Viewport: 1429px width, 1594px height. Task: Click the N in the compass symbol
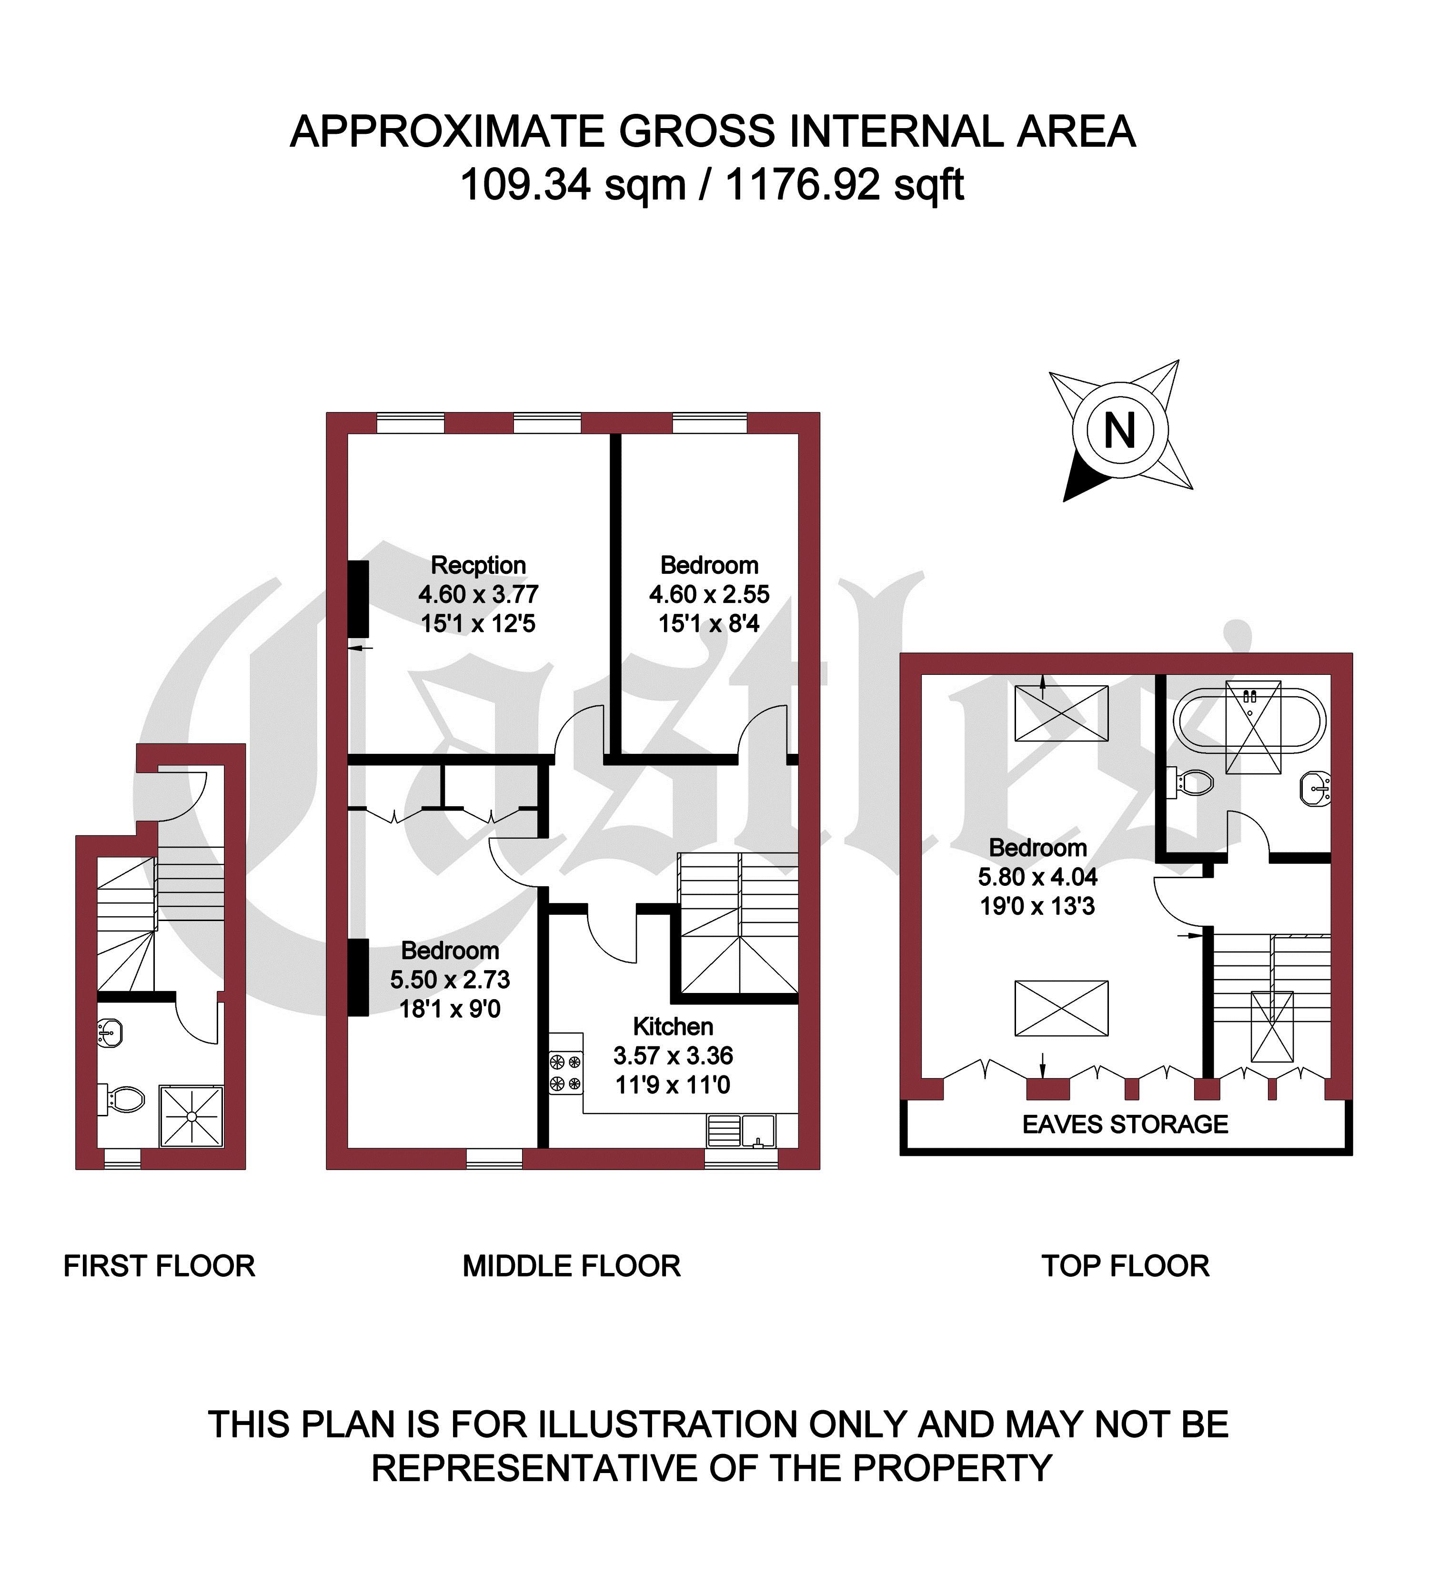(1120, 431)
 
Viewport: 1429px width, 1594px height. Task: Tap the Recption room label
(478, 565)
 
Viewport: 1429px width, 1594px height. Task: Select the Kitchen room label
(673, 1027)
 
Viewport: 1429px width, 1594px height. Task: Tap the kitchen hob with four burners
(565, 1073)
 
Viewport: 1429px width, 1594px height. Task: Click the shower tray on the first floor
(191, 1116)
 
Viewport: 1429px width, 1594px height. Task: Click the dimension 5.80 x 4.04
(1037, 877)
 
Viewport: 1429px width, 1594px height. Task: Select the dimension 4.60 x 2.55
(709, 594)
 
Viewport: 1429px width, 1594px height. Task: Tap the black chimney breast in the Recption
(359, 599)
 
